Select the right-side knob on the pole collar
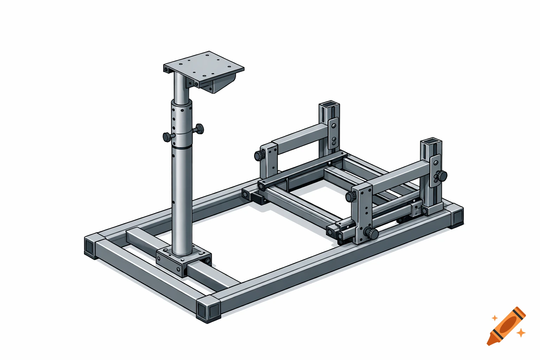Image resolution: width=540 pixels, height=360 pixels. (x=199, y=129)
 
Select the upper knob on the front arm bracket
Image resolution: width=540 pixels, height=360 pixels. (x=351, y=197)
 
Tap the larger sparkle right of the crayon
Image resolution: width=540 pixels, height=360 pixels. (x=521, y=332)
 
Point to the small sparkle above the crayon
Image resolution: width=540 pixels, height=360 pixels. (x=495, y=318)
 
